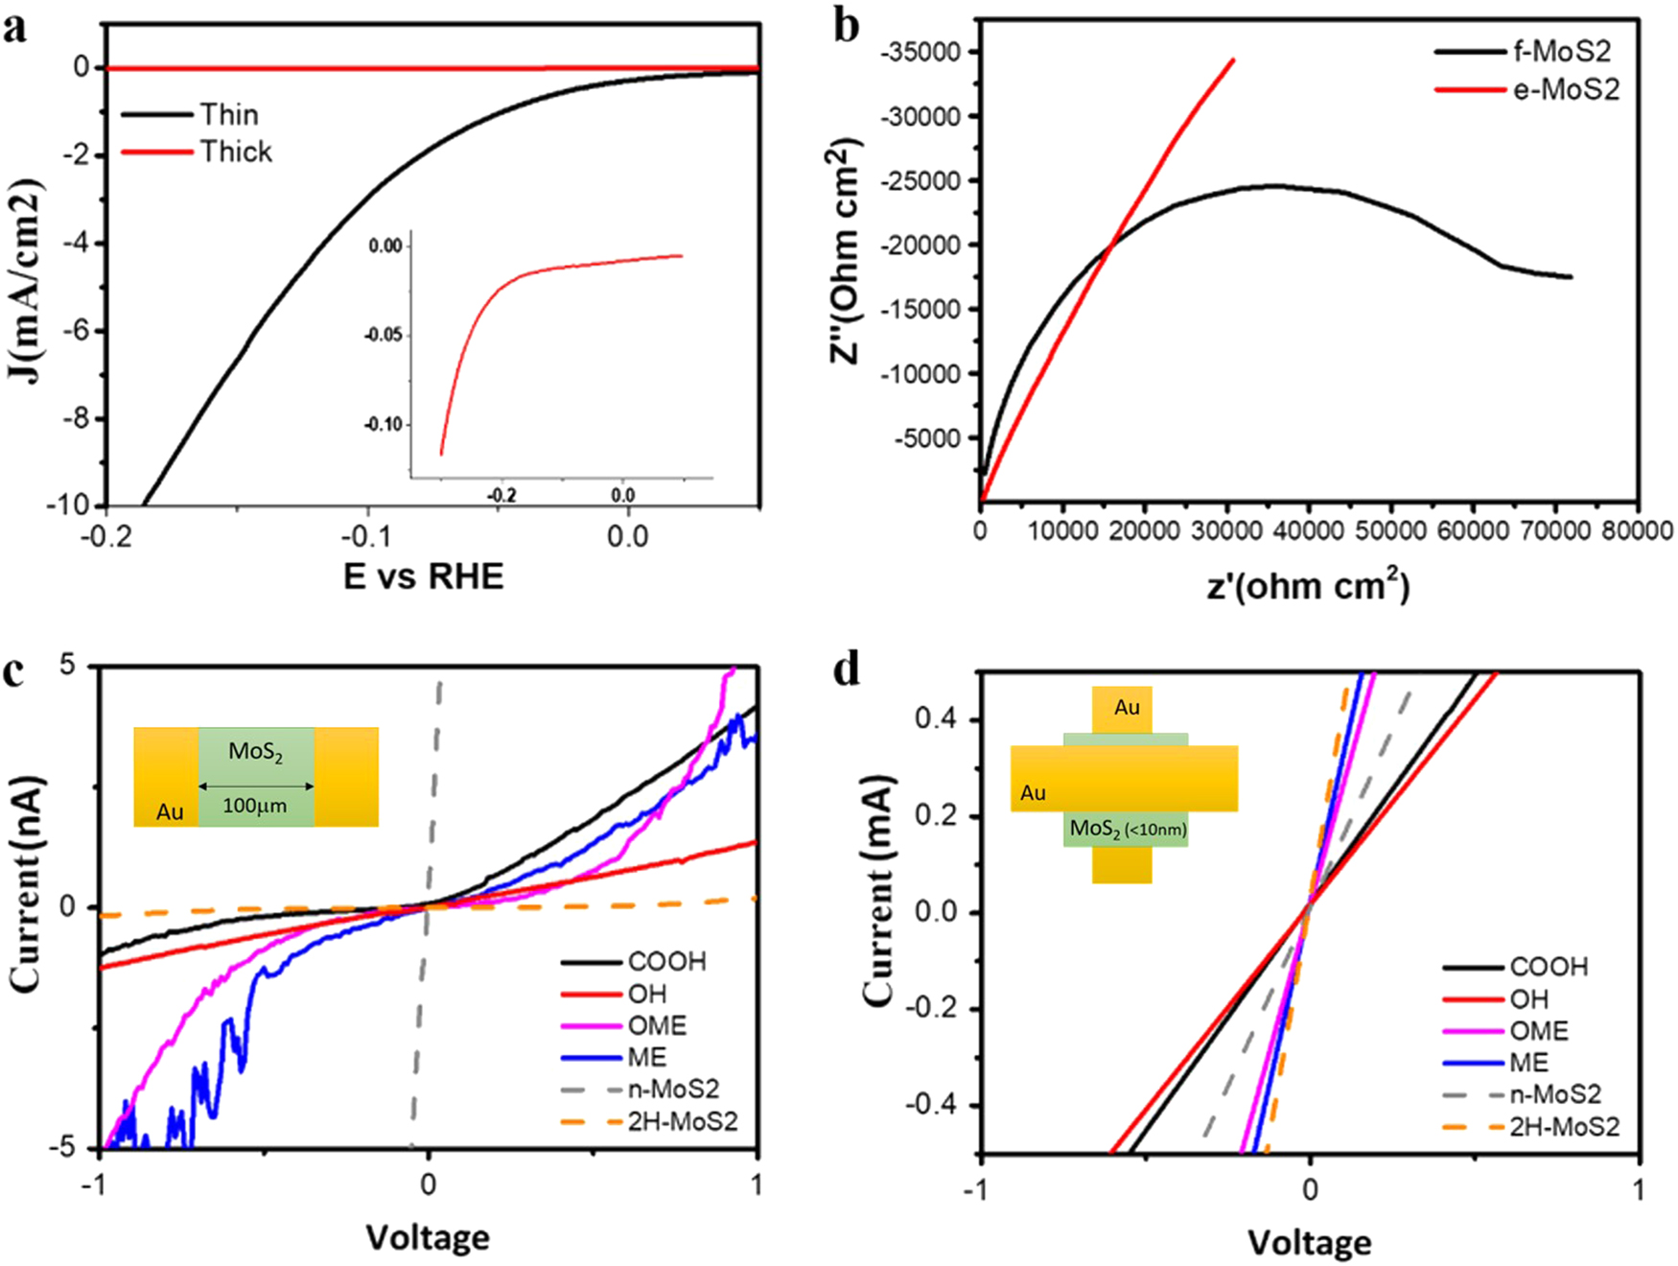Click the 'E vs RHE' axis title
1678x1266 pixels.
[x=423, y=576]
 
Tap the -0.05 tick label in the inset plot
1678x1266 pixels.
[x=384, y=336]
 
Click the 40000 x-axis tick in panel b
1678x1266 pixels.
[x=1308, y=530]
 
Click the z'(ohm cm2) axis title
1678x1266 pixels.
[x=1308, y=586]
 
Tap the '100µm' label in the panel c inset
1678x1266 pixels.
[x=254, y=807]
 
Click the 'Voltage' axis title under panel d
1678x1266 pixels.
[x=1309, y=1243]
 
